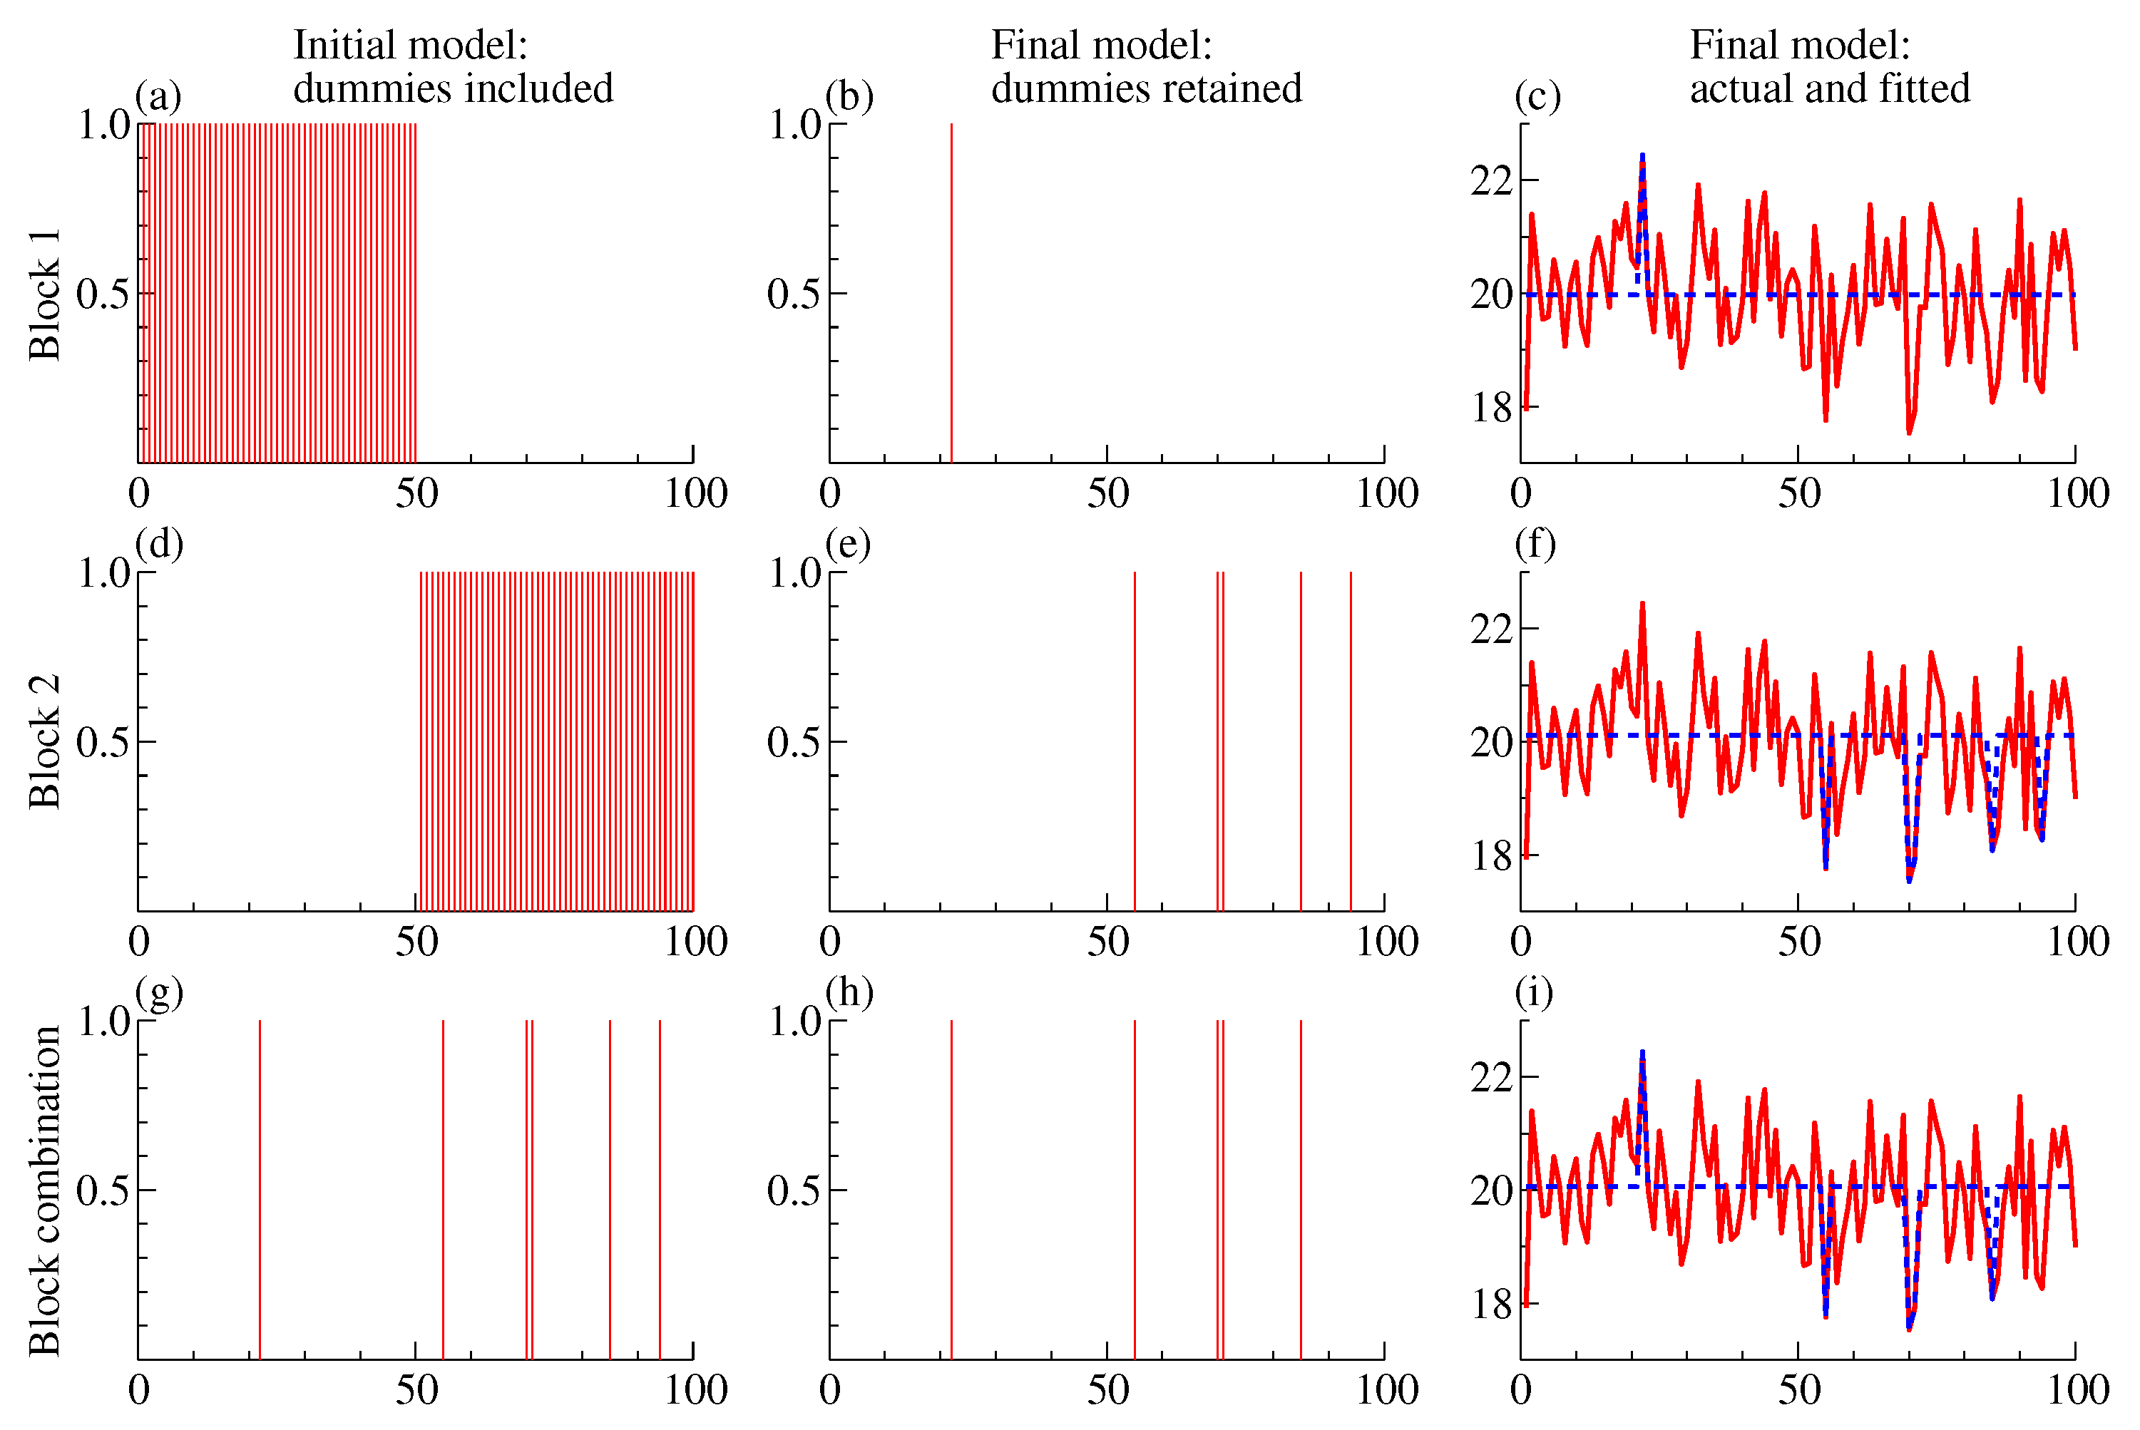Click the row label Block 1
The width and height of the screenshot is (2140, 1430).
(x=43, y=294)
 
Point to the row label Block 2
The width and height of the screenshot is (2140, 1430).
(x=43, y=741)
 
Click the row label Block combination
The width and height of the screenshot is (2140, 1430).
(x=43, y=1190)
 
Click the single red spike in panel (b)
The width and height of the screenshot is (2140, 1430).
(x=951, y=292)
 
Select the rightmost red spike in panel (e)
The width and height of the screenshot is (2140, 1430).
(x=1350, y=741)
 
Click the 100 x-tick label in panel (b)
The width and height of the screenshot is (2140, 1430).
(x=1386, y=493)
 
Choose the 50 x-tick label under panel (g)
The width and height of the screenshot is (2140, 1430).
(x=417, y=1390)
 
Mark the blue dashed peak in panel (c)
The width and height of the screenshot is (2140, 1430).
(x=1642, y=157)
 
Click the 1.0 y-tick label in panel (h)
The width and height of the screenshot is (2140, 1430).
(x=794, y=1022)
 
